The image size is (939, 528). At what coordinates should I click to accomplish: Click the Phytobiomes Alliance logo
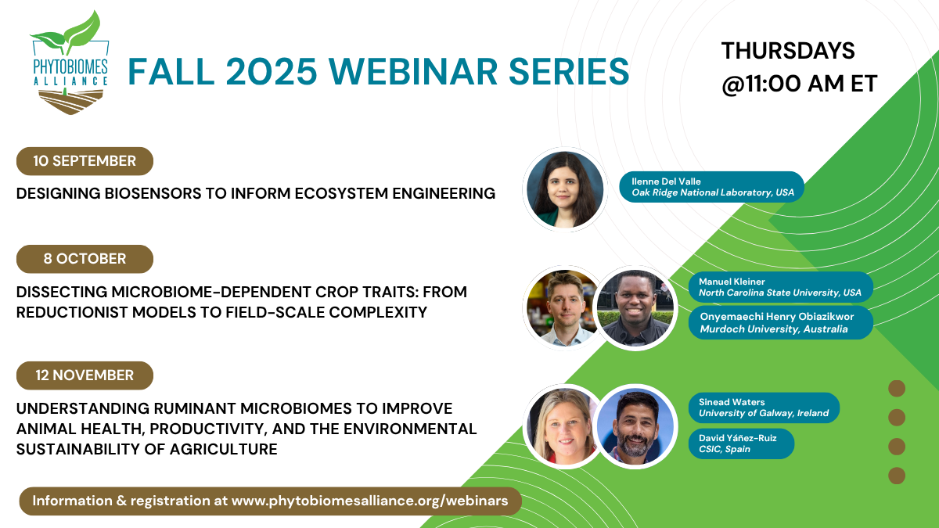(x=70, y=63)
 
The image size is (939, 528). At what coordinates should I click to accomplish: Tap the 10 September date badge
(x=85, y=161)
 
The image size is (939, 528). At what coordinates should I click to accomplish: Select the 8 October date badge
(x=85, y=259)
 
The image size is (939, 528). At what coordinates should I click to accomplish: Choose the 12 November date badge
(x=85, y=375)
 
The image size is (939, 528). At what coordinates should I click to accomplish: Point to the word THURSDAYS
(x=788, y=51)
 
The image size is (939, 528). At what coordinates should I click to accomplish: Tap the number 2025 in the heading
(x=272, y=72)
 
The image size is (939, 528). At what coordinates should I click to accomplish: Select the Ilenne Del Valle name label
(x=711, y=187)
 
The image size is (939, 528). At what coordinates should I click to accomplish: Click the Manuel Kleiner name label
(x=781, y=287)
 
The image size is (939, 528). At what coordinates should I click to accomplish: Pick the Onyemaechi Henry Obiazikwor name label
(x=781, y=322)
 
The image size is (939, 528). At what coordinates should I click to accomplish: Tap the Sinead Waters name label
(x=764, y=408)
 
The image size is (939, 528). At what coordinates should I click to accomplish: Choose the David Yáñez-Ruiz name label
(x=741, y=444)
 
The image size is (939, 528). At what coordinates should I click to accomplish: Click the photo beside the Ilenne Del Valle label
(x=565, y=189)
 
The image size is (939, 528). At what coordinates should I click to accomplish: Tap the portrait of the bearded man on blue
(x=635, y=426)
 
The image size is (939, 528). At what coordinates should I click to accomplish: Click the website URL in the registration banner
(x=369, y=501)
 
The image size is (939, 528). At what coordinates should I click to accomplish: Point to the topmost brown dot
(x=897, y=389)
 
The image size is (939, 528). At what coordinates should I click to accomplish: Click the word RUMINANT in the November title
(x=196, y=408)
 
